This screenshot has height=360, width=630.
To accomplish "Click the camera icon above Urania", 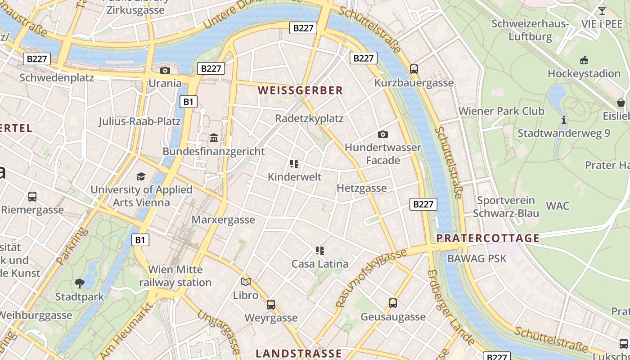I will [165, 70].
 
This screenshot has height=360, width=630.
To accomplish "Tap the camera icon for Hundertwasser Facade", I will [383, 134].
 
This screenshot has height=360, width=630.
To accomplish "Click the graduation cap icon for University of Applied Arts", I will [141, 176].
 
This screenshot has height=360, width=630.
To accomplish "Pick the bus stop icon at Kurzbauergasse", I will [414, 69].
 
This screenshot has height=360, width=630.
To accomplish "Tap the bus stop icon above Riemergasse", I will [32, 197].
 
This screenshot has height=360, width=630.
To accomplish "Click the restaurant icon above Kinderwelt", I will [294, 164].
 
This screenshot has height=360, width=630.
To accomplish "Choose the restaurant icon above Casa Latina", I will [320, 251].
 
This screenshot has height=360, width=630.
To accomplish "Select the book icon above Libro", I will [246, 282].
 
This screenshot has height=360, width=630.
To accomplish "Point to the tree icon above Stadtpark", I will [80, 283].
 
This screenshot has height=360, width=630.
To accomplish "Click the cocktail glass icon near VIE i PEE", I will [602, 11].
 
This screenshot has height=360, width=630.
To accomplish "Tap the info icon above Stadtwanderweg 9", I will [564, 120].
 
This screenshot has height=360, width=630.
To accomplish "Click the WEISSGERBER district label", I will [301, 90].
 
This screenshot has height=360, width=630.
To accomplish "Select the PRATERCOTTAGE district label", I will [488, 238].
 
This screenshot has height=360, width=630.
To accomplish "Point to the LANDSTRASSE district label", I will [299, 353].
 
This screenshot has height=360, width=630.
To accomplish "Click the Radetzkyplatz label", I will [309, 119].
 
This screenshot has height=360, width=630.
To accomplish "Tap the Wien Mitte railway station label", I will [175, 276].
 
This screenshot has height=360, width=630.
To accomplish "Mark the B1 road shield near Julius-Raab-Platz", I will [188, 102].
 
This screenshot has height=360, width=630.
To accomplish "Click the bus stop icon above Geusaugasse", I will [393, 303].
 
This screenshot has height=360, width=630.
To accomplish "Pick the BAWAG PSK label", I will [477, 258].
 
